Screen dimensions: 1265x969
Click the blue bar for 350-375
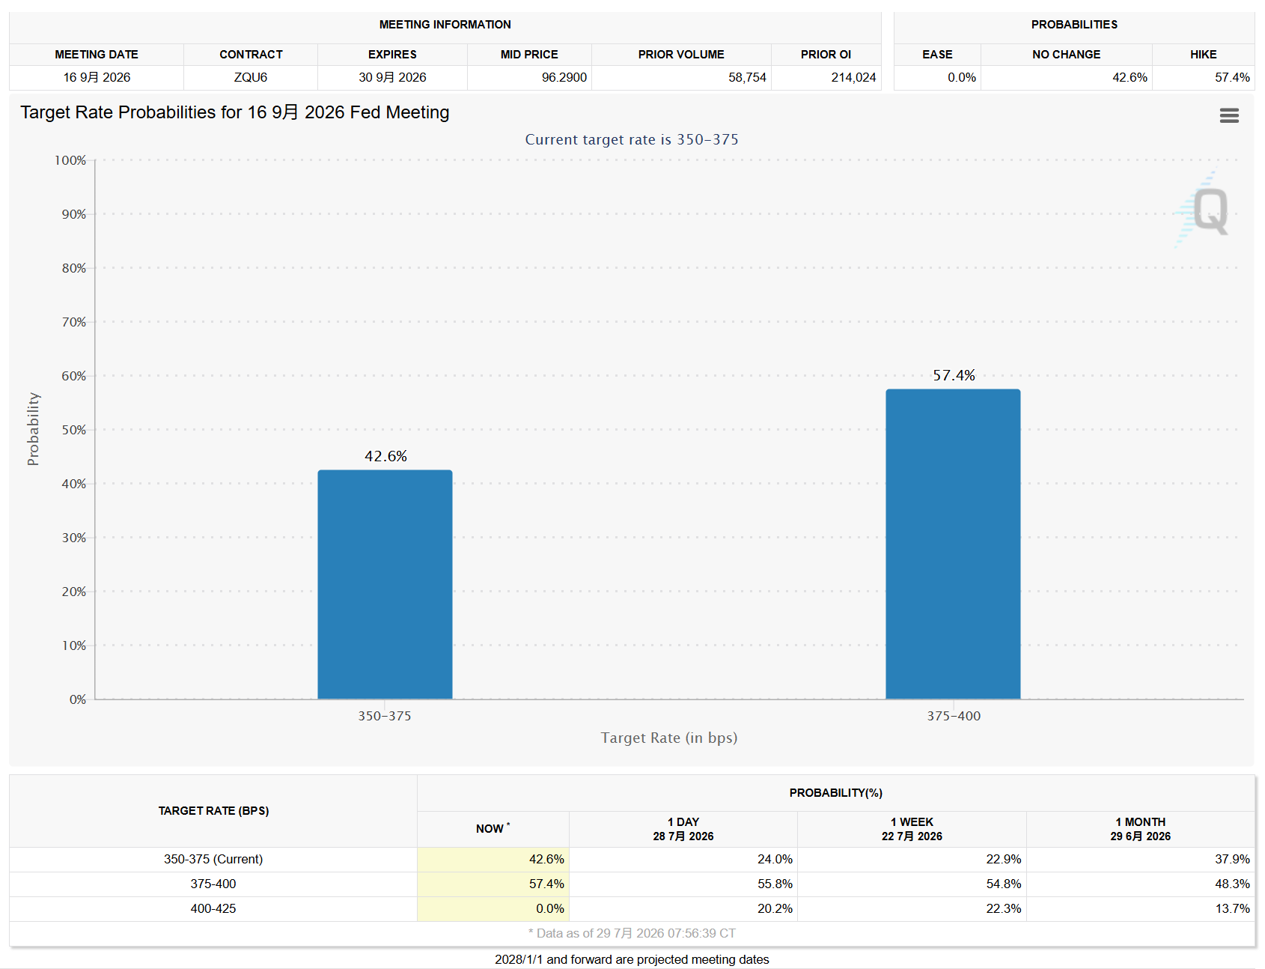coord(385,584)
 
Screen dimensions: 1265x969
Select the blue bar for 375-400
coord(953,544)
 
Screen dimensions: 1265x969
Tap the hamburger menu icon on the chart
coord(1229,115)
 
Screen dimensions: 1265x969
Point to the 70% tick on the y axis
coord(74,322)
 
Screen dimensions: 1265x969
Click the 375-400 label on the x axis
coord(954,716)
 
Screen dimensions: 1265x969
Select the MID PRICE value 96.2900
coord(564,77)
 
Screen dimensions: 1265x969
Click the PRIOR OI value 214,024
coord(853,77)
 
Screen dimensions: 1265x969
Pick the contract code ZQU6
coord(251,77)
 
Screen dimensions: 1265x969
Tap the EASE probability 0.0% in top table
coord(962,77)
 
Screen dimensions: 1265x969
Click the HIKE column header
coord(1204,54)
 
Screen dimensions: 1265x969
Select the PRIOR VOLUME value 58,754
coord(747,77)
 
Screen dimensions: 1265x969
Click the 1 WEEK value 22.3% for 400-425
coord(1004,908)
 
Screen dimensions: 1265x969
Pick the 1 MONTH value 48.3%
coord(1232,884)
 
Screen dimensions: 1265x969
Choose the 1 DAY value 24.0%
coord(775,859)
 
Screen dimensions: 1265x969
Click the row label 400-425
coord(213,908)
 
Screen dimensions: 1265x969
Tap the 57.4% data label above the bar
coord(954,375)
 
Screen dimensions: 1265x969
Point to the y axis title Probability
coord(33,429)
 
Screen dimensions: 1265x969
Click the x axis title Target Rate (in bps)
coord(669,738)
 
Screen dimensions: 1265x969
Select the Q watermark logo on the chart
coord(1204,210)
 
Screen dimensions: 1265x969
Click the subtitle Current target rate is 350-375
coord(632,139)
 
